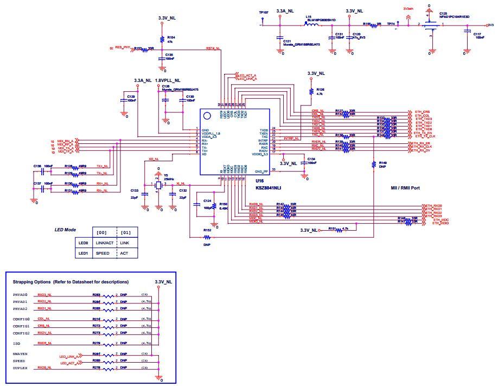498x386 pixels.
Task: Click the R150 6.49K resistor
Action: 214,207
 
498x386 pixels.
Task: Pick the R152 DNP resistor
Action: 206,237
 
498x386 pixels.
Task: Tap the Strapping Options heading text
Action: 71,282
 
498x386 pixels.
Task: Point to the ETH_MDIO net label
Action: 440,223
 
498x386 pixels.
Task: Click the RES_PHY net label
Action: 123,48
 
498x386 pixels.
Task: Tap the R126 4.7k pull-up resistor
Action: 311,91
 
